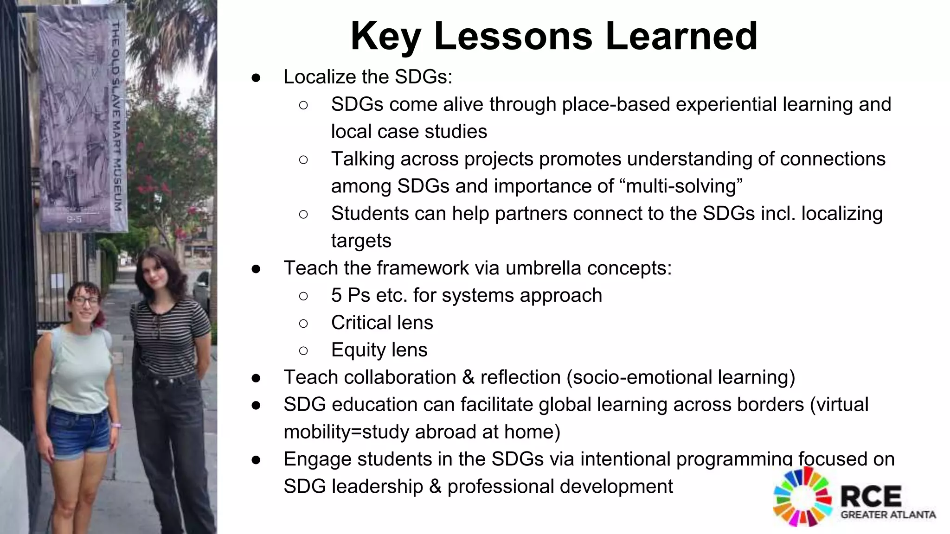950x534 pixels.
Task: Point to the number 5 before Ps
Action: pyautogui.click(x=336, y=296)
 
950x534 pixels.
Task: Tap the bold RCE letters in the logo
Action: pyautogui.click(x=871, y=496)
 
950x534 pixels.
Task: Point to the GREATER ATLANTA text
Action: pyautogui.click(x=888, y=515)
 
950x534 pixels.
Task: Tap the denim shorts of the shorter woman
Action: pyautogui.click(x=79, y=431)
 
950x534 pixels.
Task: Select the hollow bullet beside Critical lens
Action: pyautogui.click(x=303, y=323)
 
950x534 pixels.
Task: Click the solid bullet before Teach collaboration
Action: pyautogui.click(x=256, y=378)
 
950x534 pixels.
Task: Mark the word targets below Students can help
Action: pyautogui.click(x=361, y=241)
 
